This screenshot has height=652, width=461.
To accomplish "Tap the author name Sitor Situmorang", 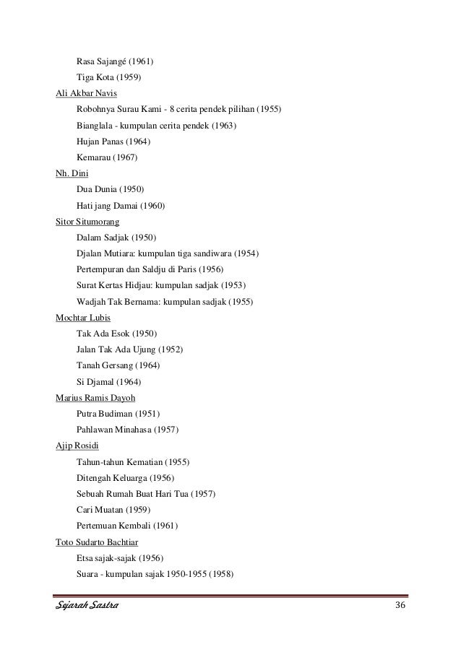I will point(87,221).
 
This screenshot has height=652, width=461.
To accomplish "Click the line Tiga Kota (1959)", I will point(108,77).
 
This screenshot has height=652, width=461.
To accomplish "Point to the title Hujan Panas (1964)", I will point(113,142).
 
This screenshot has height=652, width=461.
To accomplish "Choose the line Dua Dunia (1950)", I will point(110,189).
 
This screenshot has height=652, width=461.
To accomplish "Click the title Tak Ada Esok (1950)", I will point(116,333).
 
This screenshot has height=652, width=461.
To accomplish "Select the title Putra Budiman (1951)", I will point(118,413).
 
